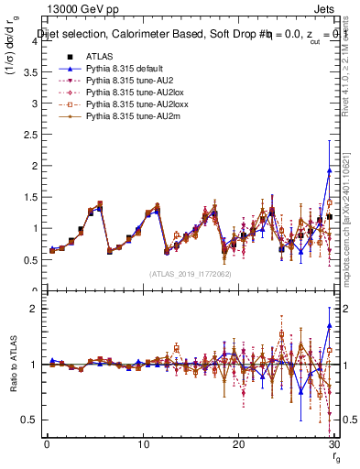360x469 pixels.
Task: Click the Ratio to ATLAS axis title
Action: coord(12,363)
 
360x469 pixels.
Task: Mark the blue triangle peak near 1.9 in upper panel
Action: coord(329,170)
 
